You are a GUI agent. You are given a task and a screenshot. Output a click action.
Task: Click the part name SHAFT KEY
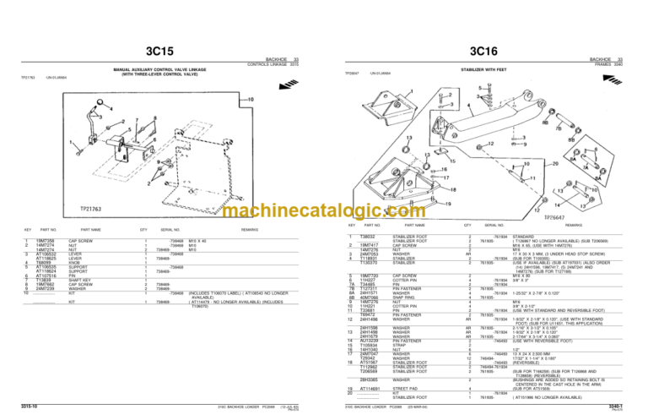pos(83,280)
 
